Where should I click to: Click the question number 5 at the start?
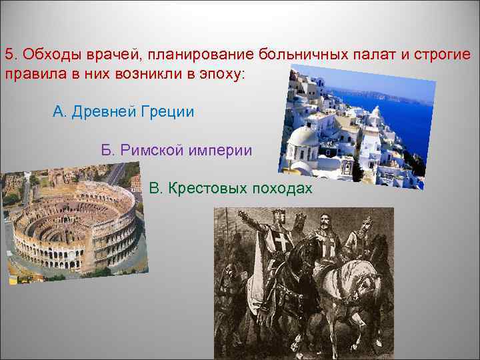pos(9,53)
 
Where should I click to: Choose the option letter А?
pos(58,111)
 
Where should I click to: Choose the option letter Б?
pos(107,150)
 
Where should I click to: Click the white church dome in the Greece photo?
pos(303,136)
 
